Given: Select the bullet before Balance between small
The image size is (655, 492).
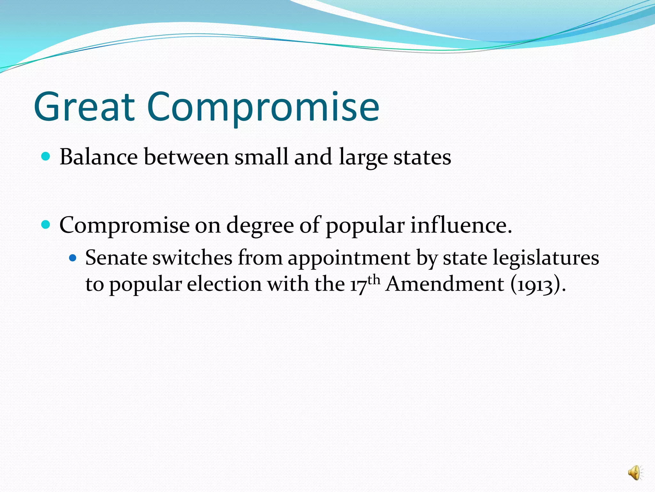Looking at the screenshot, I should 46,156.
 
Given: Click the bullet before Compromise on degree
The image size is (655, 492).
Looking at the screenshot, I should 46,225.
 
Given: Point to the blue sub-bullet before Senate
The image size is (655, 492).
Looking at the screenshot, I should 73,257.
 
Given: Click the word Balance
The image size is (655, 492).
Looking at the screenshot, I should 99,157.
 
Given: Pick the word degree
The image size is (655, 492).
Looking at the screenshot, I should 260,225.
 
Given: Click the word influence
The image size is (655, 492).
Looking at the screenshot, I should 461,225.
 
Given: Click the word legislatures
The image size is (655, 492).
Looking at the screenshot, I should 546,258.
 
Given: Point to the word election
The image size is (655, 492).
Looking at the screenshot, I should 224,284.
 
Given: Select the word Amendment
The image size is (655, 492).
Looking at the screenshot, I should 445,284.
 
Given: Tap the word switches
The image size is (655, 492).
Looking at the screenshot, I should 192,258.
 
